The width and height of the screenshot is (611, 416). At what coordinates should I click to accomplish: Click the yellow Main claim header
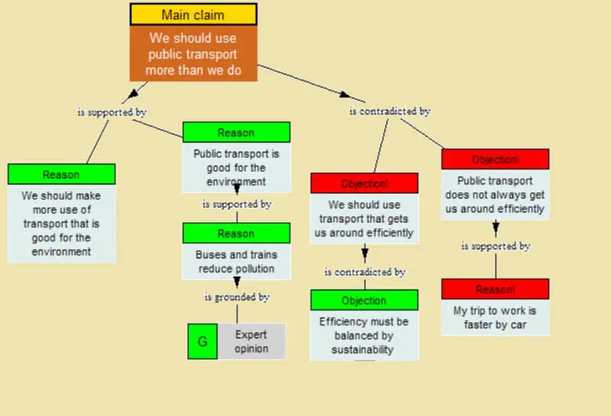tap(193, 15)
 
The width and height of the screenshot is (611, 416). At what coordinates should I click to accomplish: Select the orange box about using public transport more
tap(193, 53)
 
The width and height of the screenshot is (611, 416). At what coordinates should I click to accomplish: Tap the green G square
tap(202, 341)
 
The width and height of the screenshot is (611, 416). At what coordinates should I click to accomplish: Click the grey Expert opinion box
tap(251, 341)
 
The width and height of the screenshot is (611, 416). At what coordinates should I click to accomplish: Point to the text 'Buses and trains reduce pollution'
tap(237, 261)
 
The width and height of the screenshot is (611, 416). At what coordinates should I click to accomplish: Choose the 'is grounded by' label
tap(236, 297)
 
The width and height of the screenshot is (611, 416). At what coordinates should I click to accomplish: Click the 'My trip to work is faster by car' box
tap(495, 318)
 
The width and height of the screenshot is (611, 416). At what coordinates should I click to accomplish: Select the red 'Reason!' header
tap(495, 289)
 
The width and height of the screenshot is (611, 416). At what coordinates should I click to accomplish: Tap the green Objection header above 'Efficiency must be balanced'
tap(364, 300)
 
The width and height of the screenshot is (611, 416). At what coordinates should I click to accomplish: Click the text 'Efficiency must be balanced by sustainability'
tap(364, 336)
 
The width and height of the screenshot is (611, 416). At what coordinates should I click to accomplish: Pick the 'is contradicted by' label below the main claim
tap(390, 111)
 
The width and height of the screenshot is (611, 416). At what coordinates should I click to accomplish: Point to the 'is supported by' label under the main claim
tap(112, 112)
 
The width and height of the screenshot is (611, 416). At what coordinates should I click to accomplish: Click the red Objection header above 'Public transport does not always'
tap(495, 160)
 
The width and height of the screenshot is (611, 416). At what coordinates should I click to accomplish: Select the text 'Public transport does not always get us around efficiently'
tap(495, 195)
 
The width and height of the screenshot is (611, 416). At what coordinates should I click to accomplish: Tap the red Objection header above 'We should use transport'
tap(364, 183)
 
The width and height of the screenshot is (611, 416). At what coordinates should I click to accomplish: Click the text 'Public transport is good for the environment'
tap(237, 168)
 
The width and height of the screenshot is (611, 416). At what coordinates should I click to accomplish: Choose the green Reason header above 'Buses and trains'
tap(237, 233)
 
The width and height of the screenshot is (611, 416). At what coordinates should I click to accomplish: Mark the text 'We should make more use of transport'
tap(61, 223)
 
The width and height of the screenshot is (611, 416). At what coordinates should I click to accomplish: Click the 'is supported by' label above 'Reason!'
tap(495, 247)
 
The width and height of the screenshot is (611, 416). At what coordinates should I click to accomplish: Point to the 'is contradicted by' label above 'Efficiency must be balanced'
tap(364, 272)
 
